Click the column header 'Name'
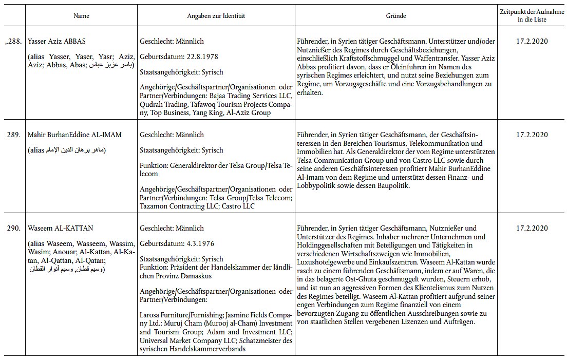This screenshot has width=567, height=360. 81,16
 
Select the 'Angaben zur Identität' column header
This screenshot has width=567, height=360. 216,16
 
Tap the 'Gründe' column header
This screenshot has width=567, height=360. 396,16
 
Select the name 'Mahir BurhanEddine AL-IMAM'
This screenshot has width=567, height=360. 74,135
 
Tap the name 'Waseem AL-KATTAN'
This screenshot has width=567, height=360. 57,228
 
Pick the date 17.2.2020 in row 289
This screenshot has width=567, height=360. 532,135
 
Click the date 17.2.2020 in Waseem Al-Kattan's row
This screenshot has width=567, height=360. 532,228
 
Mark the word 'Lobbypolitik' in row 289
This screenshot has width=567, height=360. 319,186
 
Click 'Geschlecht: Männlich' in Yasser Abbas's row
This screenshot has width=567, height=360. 172,41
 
